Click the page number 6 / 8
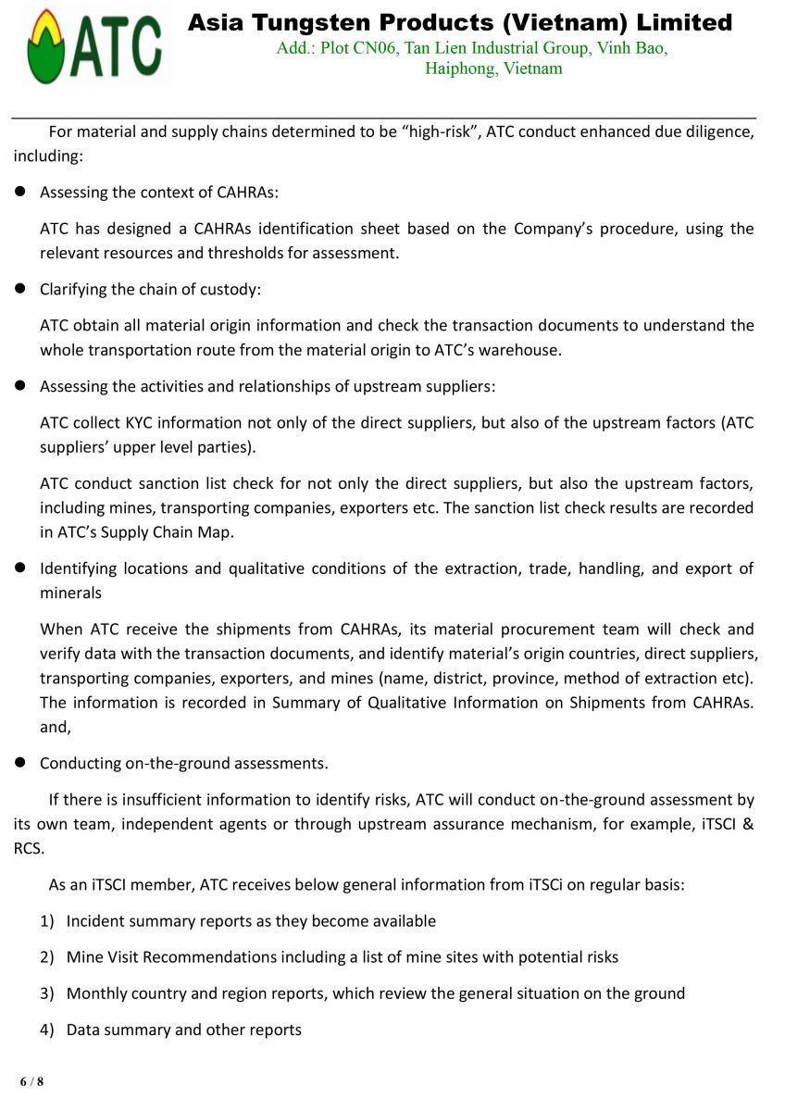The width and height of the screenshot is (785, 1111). (x=32, y=1081)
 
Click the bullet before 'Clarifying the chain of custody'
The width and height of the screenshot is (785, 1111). (x=19, y=290)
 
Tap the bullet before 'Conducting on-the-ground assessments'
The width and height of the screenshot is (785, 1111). (x=19, y=764)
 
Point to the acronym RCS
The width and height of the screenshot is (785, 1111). (x=28, y=848)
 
